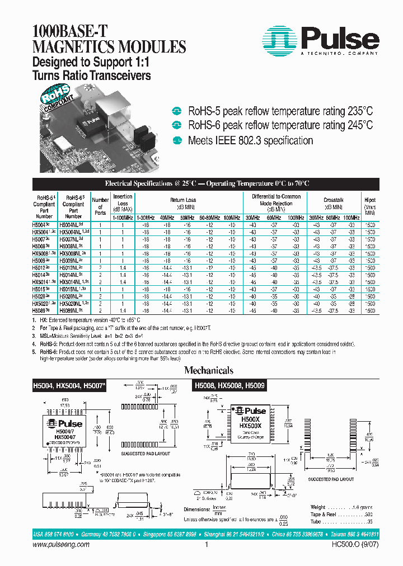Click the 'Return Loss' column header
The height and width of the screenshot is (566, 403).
(x=183, y=200)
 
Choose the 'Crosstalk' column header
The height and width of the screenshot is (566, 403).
(x=334, y=200)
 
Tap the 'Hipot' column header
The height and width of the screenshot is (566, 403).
(x=370, y=200)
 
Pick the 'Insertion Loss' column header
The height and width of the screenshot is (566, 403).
(x=123, y=200)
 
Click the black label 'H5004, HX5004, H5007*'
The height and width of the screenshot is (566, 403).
(x=68, y=386)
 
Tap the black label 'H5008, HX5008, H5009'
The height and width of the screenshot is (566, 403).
(x=229, y=386)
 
